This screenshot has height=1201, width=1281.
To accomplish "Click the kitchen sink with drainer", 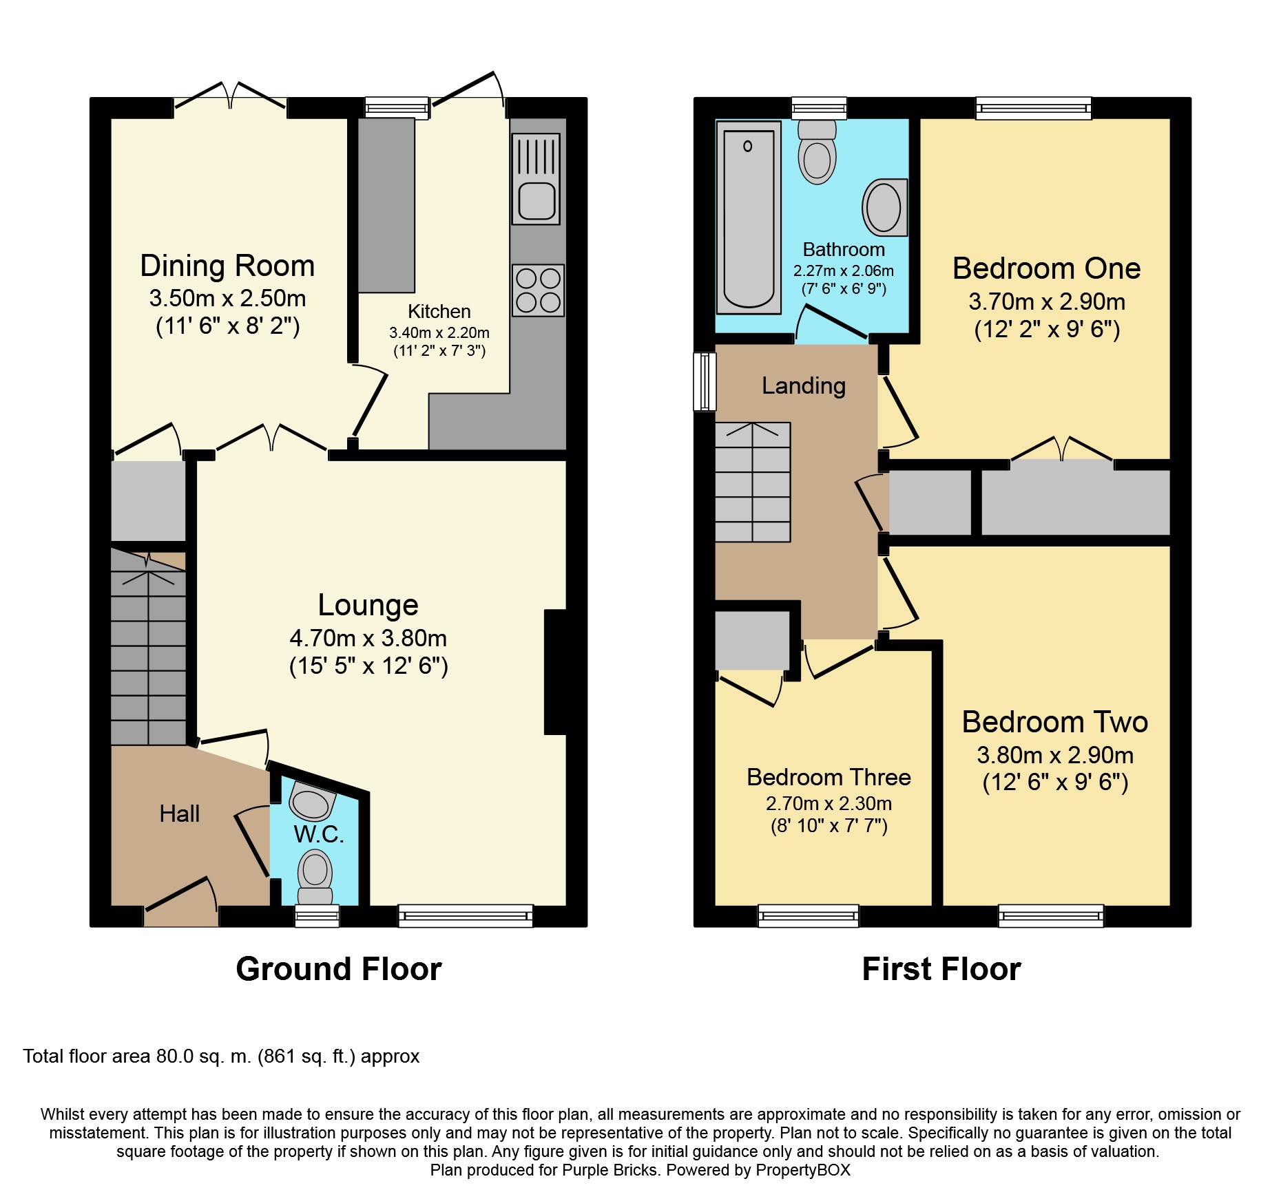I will [536, 179].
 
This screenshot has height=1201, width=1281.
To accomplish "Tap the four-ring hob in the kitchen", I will [538, 290].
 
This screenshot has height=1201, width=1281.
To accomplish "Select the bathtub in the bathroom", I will [749, 217].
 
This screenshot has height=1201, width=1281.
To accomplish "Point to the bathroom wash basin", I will [884, 207].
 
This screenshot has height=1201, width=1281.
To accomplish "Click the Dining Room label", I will [227, 266].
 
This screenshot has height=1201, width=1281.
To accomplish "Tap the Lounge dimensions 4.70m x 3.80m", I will [368, 639].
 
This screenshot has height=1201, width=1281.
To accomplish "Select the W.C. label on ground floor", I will [318, 834].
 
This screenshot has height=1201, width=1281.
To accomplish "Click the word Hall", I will [179, 814].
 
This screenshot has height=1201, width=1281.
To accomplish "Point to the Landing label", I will [803, 385].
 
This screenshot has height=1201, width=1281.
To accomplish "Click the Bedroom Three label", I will [829, 777].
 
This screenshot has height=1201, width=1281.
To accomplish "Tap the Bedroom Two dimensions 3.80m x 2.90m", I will [1054, 755].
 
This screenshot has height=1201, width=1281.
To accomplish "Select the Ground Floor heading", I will [338, 969].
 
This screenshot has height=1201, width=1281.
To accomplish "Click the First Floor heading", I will [941, 969].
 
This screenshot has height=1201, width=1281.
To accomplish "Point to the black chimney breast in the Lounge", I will [556, 672].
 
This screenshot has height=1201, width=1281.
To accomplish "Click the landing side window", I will [705, 381].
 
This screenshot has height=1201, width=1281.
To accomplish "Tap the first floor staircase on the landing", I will [752, 482].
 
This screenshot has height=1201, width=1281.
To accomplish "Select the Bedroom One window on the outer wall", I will [1033, 108].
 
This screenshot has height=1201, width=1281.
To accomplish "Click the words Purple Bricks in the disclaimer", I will [610, 1170].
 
